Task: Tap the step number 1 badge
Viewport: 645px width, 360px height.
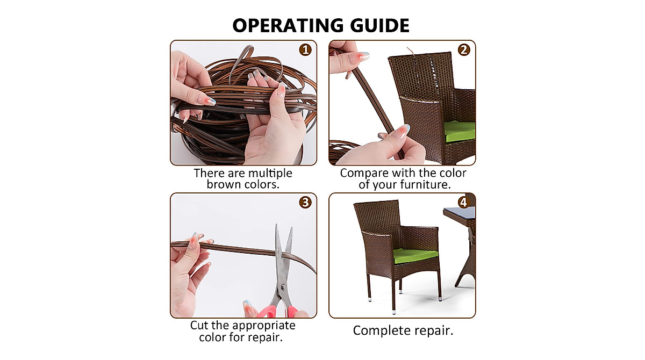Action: pos(305,50)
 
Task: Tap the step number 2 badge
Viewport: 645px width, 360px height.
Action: pos(464,50)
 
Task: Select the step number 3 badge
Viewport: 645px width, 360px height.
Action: pos(305,203)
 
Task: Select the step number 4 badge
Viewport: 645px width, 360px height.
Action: pos(464,203)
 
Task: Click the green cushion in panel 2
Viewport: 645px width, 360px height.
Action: pos(460,131)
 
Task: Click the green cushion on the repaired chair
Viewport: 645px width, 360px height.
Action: pos(415,255)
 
